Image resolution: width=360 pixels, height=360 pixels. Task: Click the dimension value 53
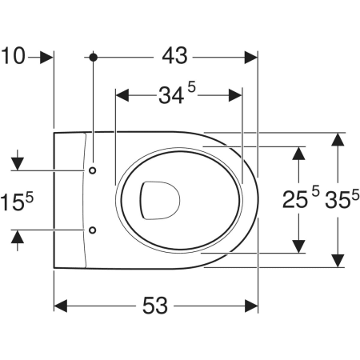click(155, 306)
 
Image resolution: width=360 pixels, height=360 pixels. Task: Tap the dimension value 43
click(175, 56)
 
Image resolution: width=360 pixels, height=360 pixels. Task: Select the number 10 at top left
click(13, 56)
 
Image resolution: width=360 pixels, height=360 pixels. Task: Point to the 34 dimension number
click(171, 96)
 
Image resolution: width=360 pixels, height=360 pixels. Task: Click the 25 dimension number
click(295, 199)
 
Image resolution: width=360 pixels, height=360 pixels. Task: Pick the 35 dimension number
click(338, 200)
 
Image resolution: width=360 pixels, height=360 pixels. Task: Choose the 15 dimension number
click(12, 202)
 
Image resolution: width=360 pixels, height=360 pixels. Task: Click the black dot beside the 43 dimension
click(93, 57)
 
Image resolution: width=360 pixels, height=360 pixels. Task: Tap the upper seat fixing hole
click(93, 170)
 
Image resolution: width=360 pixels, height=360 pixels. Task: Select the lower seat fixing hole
click(93, 230)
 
